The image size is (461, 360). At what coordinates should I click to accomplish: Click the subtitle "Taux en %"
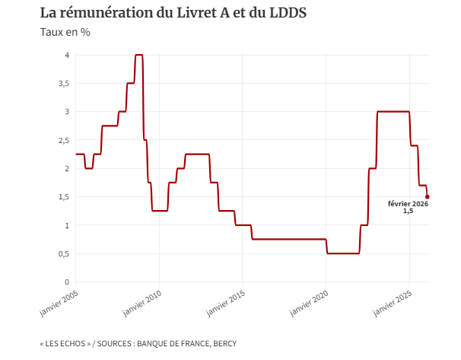click(x=65, y=32)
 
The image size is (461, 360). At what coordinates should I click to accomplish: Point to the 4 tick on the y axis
click(x=67, y=55)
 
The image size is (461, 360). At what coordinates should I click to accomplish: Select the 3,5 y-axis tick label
click(x=64, y=83)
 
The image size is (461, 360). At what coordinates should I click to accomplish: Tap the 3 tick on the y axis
click(x=67, y=112)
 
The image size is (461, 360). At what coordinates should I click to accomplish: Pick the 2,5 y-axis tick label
click(x=64, y=140)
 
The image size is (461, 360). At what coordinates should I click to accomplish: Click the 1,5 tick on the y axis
click(x=64, y=196)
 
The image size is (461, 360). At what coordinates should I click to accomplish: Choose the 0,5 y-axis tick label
click(x=64, y=253)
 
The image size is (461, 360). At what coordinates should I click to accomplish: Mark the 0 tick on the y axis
click(x=67, y=282)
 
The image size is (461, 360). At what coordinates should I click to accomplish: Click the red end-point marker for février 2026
click(x=428, y=196)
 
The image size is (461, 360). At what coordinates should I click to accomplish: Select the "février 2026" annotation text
click(x=408, y=204)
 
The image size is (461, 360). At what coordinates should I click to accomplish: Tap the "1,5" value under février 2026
click(x=408, y=212)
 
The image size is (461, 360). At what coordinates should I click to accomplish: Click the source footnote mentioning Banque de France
click(x=138, y=344)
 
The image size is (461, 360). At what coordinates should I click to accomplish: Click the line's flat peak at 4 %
click(x=138, y=55)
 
